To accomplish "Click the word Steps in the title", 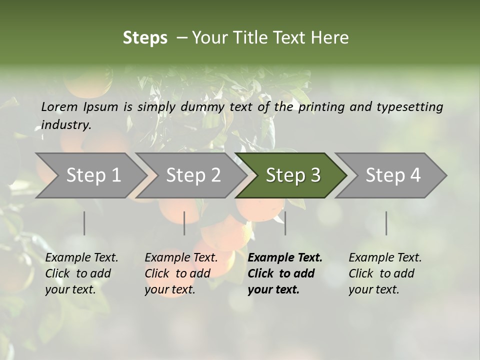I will (145, 38).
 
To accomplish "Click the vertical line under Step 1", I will (84, 223).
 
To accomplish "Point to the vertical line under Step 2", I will (184, 223).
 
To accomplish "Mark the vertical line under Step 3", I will (285, 223).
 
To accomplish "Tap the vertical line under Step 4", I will (386, 223).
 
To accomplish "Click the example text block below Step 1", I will (81, 273).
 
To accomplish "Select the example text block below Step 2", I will (181, 273).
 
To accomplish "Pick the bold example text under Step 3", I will (285, 273).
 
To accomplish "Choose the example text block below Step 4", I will (385, 273).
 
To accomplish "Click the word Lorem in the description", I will (59, 106).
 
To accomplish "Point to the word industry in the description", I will (66, 125).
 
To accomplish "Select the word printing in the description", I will (321, 107).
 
